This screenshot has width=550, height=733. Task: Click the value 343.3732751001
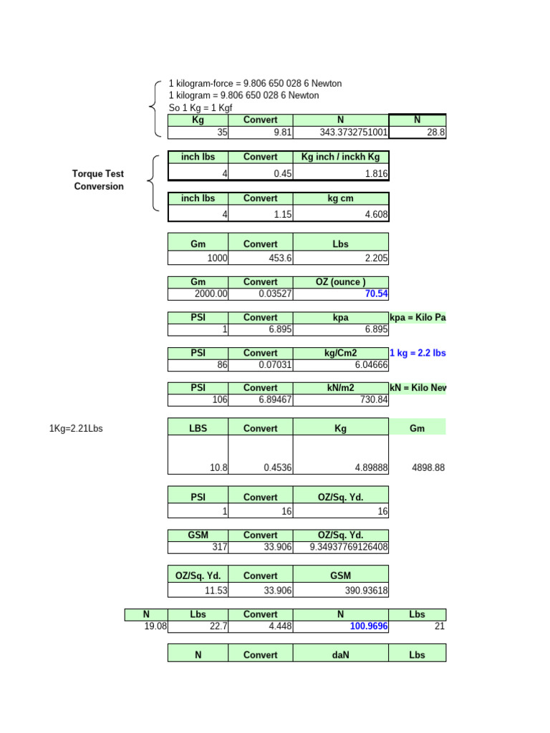point(354,132)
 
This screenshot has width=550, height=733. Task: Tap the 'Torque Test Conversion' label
point(98,180)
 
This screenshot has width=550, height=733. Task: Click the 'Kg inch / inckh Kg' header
point(340,157)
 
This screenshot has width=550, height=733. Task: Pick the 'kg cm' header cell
point(340,198)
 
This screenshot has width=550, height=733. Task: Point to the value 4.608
point(374,213)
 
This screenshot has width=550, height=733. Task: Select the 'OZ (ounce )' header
point(340,283)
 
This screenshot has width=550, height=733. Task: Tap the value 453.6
point(279,258)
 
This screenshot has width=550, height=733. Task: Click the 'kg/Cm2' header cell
point(340,353)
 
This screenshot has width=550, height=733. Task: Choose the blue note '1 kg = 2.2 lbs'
point(418,353)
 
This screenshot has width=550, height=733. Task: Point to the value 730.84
point(372,399)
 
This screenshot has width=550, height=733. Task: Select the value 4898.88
point(429,467)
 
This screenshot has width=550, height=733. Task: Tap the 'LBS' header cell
point(198,428)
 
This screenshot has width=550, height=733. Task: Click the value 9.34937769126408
point(349,548)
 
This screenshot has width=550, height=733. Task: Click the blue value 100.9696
point(369,626)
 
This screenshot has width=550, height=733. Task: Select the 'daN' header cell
point(340,654)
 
